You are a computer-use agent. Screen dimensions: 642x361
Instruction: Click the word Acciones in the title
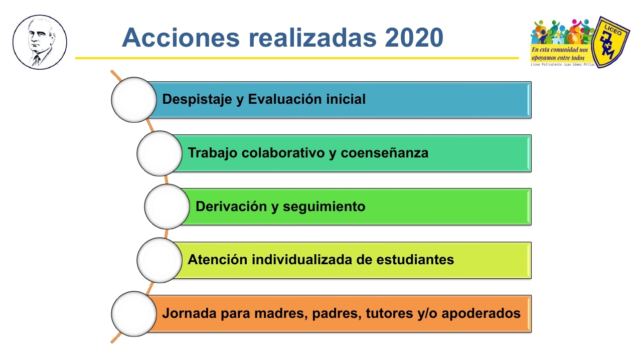point(181,38)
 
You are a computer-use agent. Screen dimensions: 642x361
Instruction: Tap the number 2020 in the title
point(414,38)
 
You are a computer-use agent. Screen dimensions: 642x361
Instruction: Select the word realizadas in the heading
point(312,38)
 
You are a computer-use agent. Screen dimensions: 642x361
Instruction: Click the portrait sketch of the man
point(40,42)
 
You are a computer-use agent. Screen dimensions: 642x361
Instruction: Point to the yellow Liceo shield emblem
point(610,42)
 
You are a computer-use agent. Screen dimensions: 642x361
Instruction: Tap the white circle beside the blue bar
point(134,100)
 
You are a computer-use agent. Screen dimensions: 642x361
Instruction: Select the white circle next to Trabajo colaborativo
point(159,153)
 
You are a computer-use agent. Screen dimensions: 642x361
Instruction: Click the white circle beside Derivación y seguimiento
point(167,207)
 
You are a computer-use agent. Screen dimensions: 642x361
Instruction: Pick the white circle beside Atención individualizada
point(159,260)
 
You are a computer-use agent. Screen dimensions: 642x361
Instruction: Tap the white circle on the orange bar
point(134,314)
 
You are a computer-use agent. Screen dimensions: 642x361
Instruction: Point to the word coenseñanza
point(384,153)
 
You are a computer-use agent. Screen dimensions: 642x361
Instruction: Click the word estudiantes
point(415,260)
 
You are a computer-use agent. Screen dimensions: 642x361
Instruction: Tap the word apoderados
point(481,313)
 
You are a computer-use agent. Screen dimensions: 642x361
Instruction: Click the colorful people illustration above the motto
point(562,32)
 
